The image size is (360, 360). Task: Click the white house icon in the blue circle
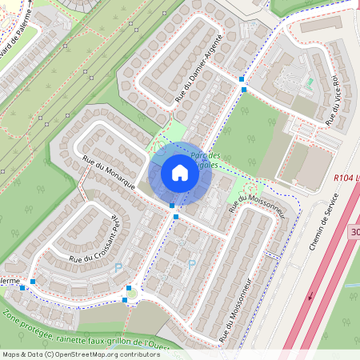(x=180, y=173)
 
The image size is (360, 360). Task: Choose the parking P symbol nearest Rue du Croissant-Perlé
(x=119, y=267)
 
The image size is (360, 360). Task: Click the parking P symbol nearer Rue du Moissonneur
(x=191, y=264)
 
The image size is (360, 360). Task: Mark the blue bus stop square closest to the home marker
(x=172, y=206)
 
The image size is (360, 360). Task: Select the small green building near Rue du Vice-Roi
(x=309, y=82)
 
